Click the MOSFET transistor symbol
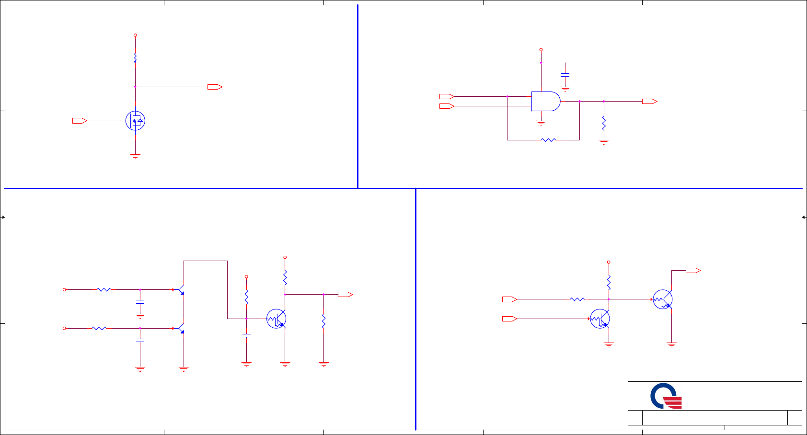pos(135,121)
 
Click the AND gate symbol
pos(546,101)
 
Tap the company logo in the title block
pos(666,396)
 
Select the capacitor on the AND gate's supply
pos(565,75)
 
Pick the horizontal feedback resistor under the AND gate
pos(548,140)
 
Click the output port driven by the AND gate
pos(649,101)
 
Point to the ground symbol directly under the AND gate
pos(541,123)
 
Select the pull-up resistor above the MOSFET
pos(135,58)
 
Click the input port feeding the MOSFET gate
pos(80,121)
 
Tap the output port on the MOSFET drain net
pos(215,87)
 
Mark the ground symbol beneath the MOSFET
pos(135,156)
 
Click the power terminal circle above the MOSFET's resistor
pos(135,35)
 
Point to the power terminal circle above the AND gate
pos(541,49)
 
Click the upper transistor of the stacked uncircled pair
pos(181,290)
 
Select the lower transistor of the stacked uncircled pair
pos(181,329)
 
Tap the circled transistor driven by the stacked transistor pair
pos(277,319)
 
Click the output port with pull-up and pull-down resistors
pos(345,295)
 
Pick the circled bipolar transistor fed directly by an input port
pos(600,319)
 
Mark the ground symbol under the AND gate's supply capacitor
pos(565,89)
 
